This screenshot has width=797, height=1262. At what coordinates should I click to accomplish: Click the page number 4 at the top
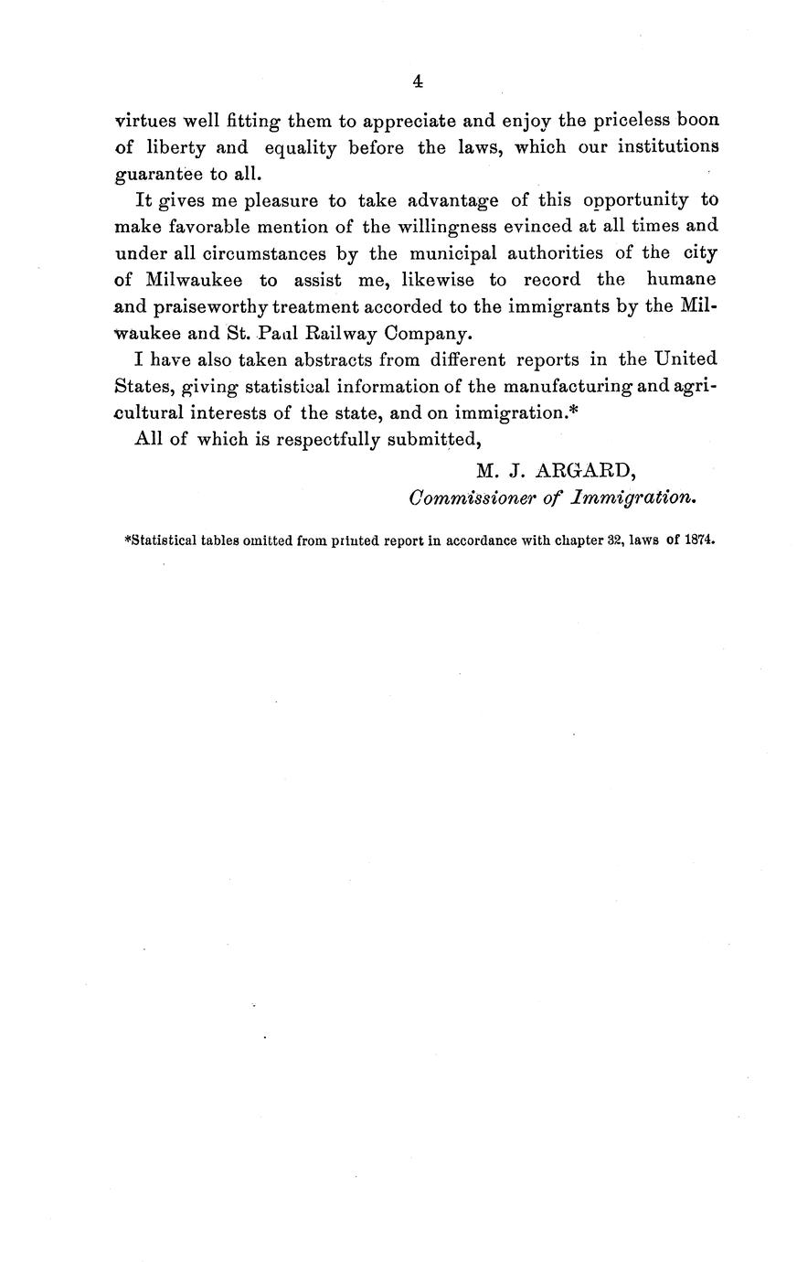(417, 81)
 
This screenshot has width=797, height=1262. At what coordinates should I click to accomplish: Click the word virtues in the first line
(145, 121)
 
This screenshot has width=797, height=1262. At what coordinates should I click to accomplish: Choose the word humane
(681, 279)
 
